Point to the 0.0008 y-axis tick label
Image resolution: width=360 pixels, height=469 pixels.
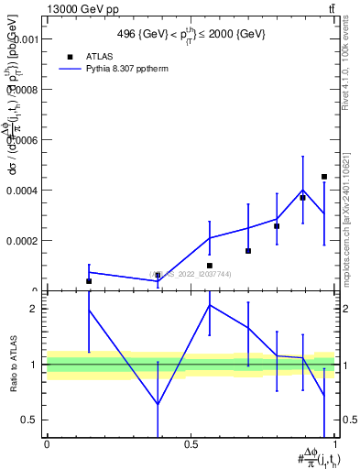tap(23, 91)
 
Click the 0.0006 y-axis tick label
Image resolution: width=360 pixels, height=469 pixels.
tap(23, 141)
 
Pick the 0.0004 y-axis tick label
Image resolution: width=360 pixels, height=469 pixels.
tap(23, 191)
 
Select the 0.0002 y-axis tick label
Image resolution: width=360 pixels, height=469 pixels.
tap(23, 241)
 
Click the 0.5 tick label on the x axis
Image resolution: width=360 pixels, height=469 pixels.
tap(191, 444)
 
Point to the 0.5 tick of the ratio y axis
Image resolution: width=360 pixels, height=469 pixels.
tap(29, 420)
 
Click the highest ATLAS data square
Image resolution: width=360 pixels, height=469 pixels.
tap(324, 177)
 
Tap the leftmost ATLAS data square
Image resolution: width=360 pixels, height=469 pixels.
tap(89, 281)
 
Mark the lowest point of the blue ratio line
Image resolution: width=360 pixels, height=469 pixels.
tap(158, 404)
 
